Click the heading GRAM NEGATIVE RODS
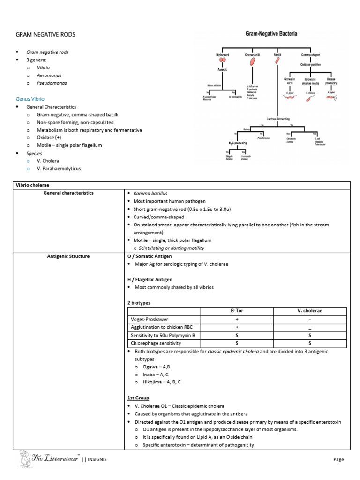click(45, 35)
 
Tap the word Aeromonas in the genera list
click(49, 75)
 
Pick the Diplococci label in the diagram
click(222, 55)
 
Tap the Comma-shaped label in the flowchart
click(311, 55)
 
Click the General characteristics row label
click(68, 193)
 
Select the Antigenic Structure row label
click(68, 256)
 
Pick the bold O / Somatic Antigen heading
click(150, 256)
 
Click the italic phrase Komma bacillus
click(150, 193)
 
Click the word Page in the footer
click(338, 460)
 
